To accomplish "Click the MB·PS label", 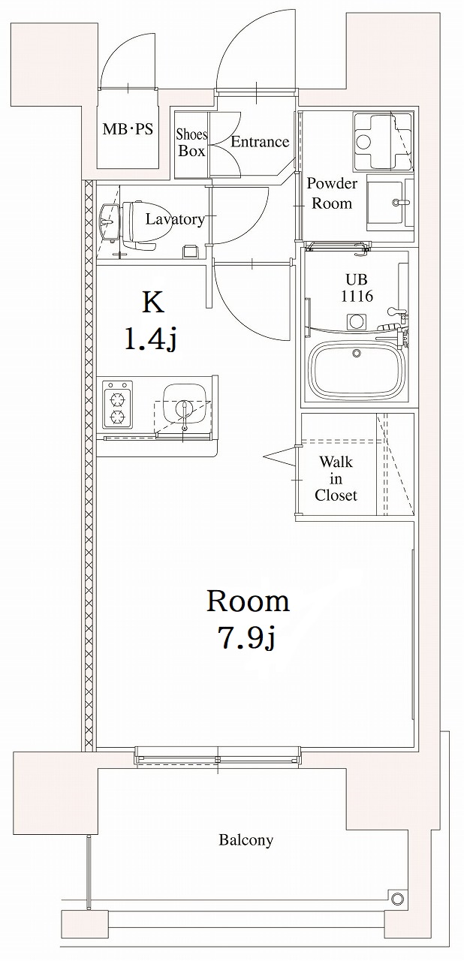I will (128, 129).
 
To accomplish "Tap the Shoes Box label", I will (191, 143).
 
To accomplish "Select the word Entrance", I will (260, 142).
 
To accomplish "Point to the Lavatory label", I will (174, 219).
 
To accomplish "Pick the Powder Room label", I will (332, 193).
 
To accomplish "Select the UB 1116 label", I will (356, 286).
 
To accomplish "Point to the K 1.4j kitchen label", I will (152, 321).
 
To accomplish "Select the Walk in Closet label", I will (336, 478).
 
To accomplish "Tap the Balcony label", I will (246, 840).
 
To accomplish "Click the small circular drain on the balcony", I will (396, 898).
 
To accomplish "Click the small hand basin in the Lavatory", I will (108, 222).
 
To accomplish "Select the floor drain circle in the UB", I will (354, 321).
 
